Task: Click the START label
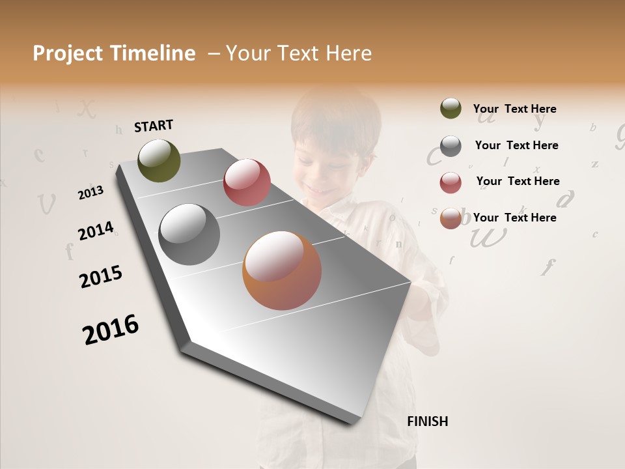pos(154,126)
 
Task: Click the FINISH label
pos(427,421)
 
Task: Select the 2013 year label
pos(91,193)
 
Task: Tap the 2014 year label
pos(96,231)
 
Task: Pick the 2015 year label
pos(101,277)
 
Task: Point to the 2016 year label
pos(111,329)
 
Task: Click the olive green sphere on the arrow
pos(160,160)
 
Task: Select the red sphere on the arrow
pos(247,182)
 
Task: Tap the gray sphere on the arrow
pos(189,234)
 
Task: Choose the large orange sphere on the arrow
pos(282,270)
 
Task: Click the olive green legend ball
pos(451,108)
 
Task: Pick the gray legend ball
pos(451,146)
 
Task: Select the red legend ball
pos(451,182)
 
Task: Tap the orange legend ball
pos(451,218)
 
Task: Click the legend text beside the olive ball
pos(514,109)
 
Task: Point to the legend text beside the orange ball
pos(514,218)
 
